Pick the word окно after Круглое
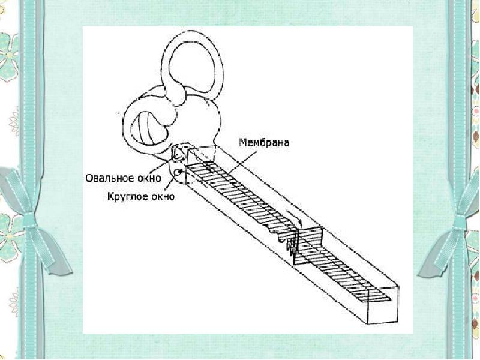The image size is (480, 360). click(x=161, y=196)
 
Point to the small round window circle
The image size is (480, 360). click(x=178, y=173)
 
